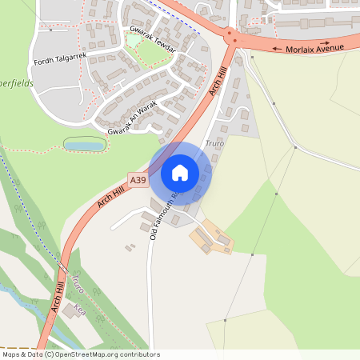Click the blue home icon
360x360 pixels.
tap(180, 172)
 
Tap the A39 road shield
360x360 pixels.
tap(138, 182)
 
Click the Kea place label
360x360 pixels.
tap(78, 307)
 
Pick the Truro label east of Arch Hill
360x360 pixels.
tap(214, 143)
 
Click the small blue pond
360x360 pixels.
tap(84, 145)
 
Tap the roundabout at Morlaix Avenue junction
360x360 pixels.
tap(231, 37)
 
